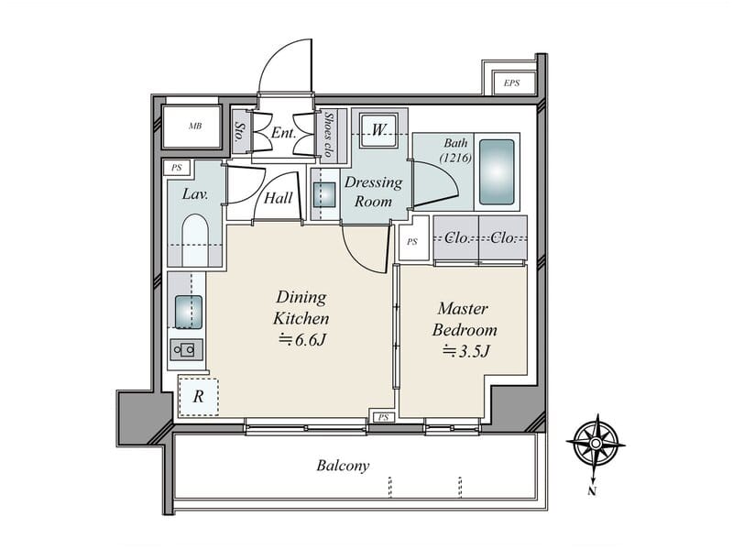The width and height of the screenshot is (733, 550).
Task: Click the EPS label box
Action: [512, 82]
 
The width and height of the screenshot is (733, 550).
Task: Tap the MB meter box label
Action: [195, 126]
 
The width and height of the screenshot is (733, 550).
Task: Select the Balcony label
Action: [343, 466]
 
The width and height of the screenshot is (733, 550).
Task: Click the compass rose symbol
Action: [596, 444]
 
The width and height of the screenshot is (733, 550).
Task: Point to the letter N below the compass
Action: [592, 491]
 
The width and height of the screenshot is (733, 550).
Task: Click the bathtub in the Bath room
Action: [497, 171]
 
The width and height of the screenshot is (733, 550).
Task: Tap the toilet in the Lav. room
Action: [195, 240]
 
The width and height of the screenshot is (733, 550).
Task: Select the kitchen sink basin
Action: [189, 312]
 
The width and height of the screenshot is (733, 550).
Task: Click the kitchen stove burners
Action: [187, 349]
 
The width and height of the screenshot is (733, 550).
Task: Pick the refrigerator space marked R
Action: [199, 396]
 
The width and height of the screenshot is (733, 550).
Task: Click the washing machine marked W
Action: [378, 129]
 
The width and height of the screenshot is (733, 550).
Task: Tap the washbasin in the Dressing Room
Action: [324, 194]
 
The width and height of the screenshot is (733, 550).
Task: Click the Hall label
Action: [279, 198]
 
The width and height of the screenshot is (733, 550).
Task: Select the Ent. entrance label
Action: [283, 133]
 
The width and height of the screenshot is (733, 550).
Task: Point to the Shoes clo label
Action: [329, 135]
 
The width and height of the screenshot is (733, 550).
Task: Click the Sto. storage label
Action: [240, 132]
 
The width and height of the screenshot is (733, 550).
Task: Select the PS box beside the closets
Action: [413, 241]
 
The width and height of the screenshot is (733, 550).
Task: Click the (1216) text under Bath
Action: [455, 158]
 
